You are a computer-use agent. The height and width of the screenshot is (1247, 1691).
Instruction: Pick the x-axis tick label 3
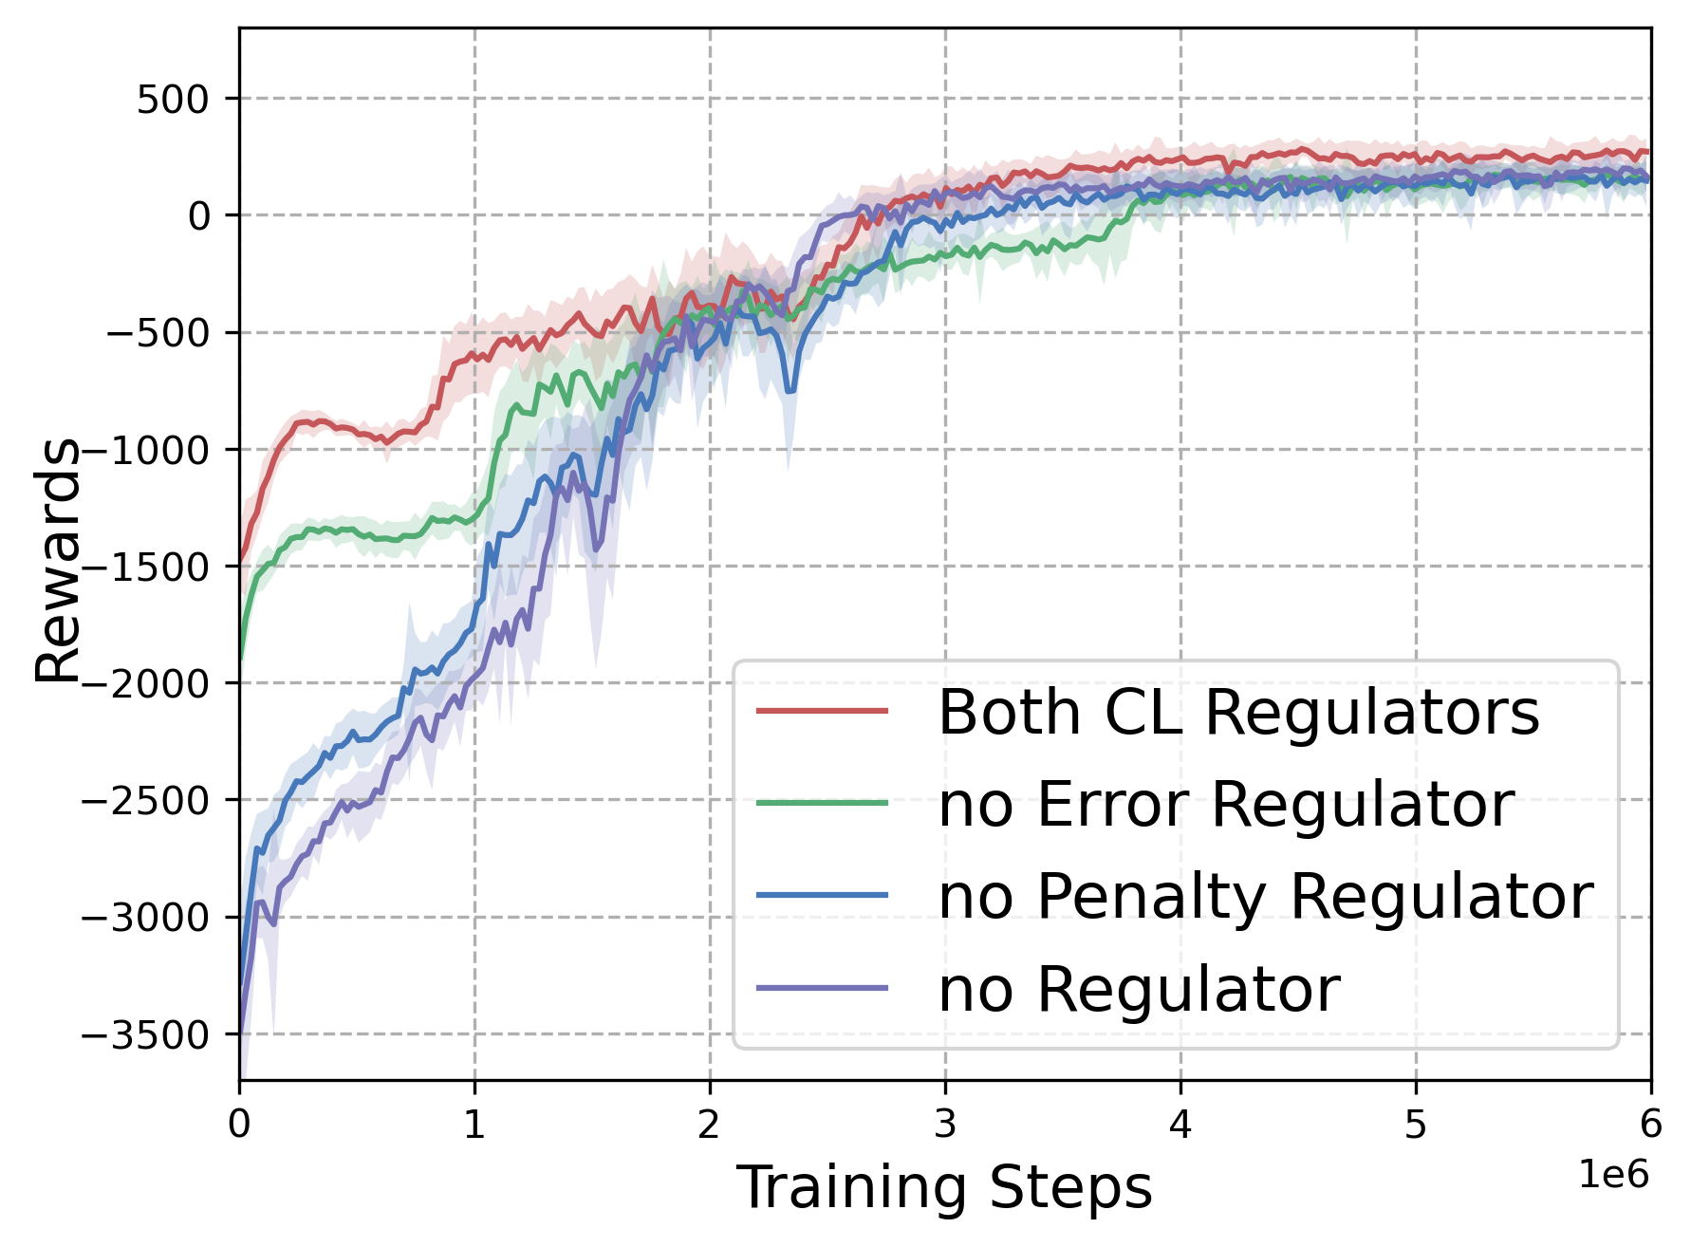pos(945,1125)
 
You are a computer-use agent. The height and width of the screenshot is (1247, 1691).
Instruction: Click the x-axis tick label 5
pos(1416,1125)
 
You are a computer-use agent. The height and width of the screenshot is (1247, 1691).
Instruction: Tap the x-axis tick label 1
pos(474,1125)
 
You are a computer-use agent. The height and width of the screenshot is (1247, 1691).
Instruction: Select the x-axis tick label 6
pos(1651,1125)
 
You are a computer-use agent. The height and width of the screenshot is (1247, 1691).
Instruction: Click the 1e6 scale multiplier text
pos(1613,1176)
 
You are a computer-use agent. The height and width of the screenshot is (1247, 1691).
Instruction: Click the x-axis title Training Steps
pos(944,1187)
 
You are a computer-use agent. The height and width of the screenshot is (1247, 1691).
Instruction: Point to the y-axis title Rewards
pos(57,560)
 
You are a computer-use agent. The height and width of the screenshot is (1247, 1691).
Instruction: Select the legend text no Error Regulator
pos(1226,804)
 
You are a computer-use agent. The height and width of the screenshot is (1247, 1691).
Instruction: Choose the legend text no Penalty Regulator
pos(1266,896)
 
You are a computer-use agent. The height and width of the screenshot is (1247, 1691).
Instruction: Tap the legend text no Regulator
pos(1139,989)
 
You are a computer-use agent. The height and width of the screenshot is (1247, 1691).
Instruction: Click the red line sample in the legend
pos(823,711)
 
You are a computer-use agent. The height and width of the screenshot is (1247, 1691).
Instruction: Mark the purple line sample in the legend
pos(823,988)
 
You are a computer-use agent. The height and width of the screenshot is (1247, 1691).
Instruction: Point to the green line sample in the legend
pos(823,803)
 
